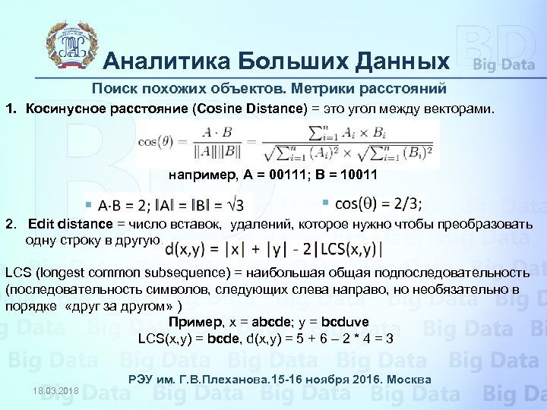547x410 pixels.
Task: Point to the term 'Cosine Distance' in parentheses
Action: (258, 109)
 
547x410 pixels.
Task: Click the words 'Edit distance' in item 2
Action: (71, 224)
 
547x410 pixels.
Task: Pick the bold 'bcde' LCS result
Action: (213, 338)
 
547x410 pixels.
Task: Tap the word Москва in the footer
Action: (410, 380)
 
